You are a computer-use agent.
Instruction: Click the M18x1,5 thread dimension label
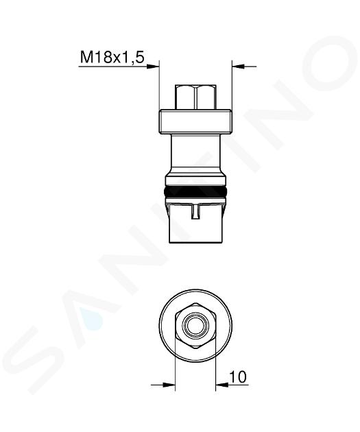(x=112, y=58)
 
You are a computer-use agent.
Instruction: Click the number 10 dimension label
(x=238, y=376)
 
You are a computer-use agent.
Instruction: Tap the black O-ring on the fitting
(x=195, y=191)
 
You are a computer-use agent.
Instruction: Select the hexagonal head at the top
(x=195, y=97)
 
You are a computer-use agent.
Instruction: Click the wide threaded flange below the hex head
(x=195, y=121)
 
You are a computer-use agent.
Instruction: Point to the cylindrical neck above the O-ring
(x=195, y=154)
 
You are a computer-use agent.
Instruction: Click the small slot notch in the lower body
(x=195, y=212)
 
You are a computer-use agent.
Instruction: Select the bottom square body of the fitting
(x=195, y=223)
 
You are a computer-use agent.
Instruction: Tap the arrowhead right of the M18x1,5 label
(x=153, y=67)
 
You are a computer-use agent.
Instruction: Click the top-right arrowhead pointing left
(x=238, y=67)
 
